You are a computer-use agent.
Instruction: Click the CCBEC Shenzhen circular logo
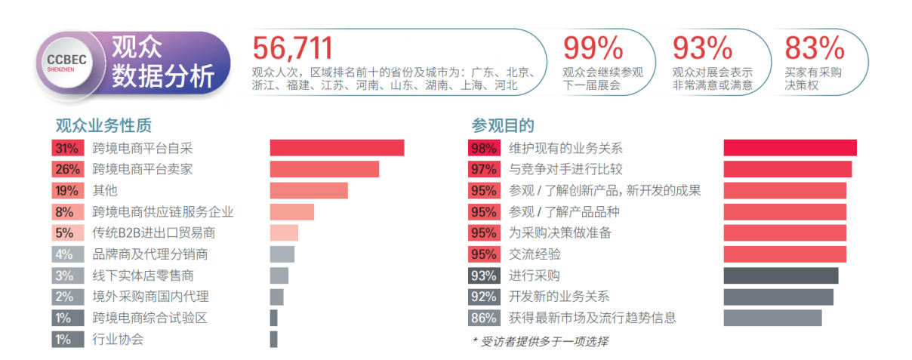click(67, 64)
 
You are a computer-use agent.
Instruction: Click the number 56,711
click(292, 48)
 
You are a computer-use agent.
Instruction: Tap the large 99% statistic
click(593, 48)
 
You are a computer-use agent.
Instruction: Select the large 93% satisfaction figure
click(702, 48)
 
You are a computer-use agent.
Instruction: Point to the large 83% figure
click(814, 48)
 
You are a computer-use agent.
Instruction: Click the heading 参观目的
click(503, 125)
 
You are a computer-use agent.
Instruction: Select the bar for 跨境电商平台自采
click(337, 148)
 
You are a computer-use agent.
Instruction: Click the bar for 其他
click(309, 190)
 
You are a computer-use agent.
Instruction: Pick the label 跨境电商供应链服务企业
click(163, 212)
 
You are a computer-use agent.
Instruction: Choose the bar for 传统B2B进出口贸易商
click(284, 233)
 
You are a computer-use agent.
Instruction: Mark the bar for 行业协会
click(273, 340)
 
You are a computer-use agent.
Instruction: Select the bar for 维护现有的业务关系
click(790, 148)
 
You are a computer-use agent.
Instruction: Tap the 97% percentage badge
click(483, 169)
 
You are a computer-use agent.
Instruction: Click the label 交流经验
click(535, 254)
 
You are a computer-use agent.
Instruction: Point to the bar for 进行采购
click(781, 275)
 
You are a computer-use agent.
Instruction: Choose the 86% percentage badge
click(483, 318)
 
